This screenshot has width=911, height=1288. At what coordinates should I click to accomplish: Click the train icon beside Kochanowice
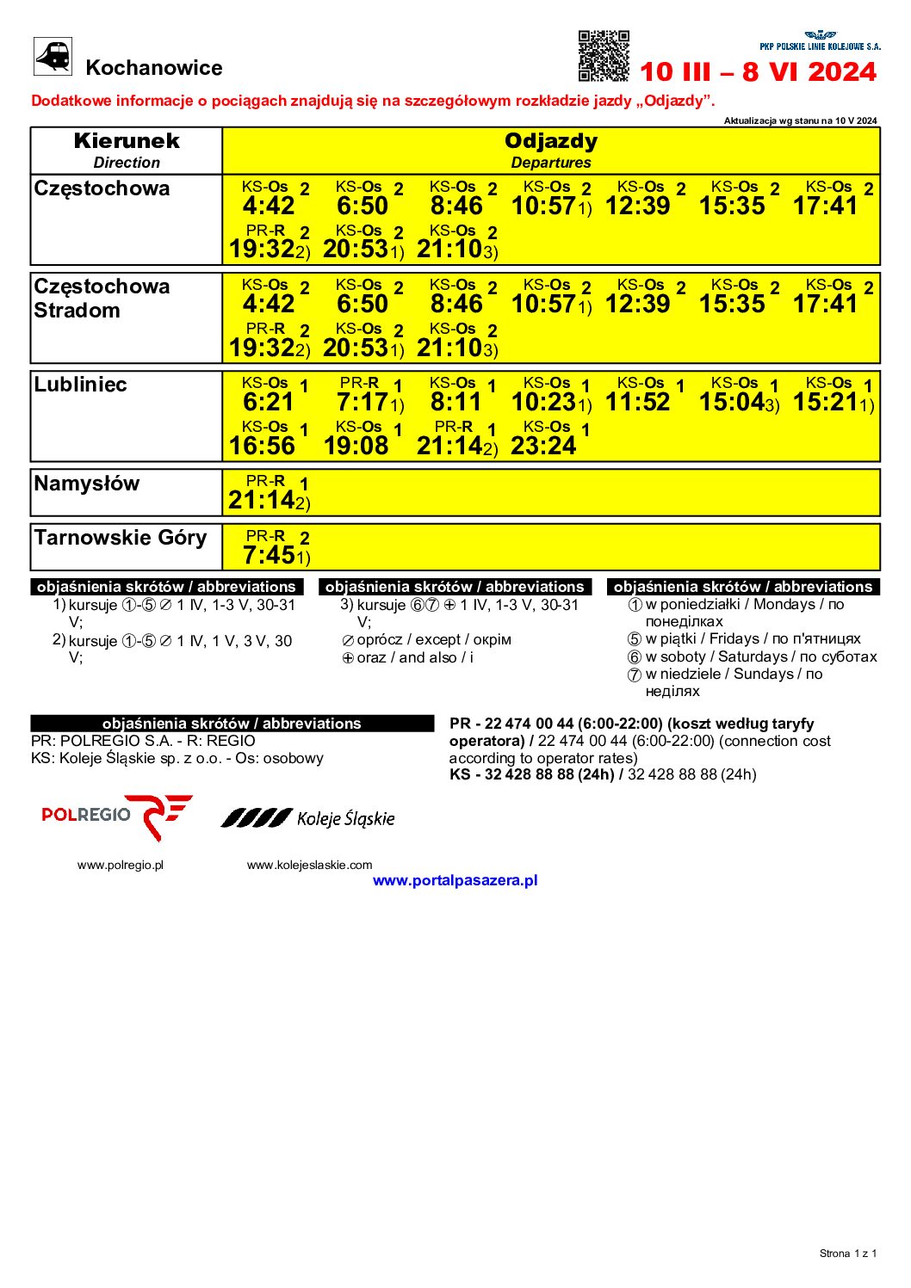[x=53, y=57]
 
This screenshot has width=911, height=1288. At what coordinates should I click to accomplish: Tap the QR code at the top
[x=603, y=56]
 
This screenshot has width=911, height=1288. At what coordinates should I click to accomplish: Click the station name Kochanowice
[x=154, y=68]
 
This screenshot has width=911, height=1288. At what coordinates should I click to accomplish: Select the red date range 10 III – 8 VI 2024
[x=758, y=71]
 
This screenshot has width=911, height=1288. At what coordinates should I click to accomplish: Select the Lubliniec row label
[x=81, y=385]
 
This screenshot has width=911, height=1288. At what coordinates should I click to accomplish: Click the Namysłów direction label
[x=86, y=484]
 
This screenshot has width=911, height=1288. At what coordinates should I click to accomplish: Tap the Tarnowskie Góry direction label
[x=121, y=538]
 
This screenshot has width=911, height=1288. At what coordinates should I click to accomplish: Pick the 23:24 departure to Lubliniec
[x=543, y=446]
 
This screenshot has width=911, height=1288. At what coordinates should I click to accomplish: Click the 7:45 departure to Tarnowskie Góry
[x=270, y=556]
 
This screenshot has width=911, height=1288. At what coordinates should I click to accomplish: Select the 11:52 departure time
[x=637, y=402]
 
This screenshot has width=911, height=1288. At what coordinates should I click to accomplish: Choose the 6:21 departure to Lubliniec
[x=269, y=402]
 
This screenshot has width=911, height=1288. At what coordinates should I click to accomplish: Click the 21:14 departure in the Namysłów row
[x=262, y=500]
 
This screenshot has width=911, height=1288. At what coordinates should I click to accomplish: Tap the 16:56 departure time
[x=262, y=446]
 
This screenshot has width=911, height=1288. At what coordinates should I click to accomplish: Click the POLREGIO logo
[x=117, y=816]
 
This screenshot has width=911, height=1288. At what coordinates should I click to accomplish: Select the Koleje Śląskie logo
[x=308, y=818]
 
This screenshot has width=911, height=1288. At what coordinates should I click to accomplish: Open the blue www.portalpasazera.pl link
[x=455, y=880]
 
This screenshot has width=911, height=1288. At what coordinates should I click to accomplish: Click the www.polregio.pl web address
[x=121, y=865]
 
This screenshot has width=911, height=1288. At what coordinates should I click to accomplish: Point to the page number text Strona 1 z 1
[x=847, y=1253]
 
